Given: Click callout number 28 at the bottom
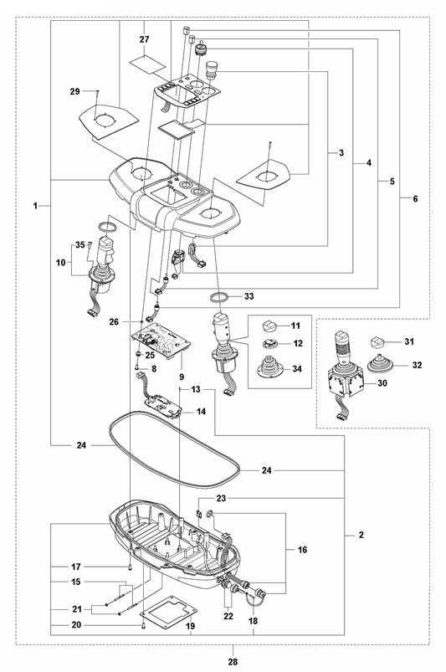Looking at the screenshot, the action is click(233, 662).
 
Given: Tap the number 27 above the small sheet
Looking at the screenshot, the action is click(145, 39).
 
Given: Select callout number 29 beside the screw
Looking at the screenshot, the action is click(75, 91).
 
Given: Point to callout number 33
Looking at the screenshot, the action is click(249, 296).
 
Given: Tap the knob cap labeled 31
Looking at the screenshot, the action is click(377, 343).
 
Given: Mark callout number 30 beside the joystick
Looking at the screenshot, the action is click(382, 383).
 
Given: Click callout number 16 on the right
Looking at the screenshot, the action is click(302, 550).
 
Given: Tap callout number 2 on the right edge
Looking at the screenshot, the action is click(361, 535).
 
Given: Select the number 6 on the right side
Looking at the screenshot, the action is click(415, 199).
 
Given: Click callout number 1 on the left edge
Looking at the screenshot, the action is click(35, 206).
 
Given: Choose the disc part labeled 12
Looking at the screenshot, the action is click(270, 343).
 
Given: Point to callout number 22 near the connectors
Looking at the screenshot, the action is click(228, 616).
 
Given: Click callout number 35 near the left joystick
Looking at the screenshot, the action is click(80, 245).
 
